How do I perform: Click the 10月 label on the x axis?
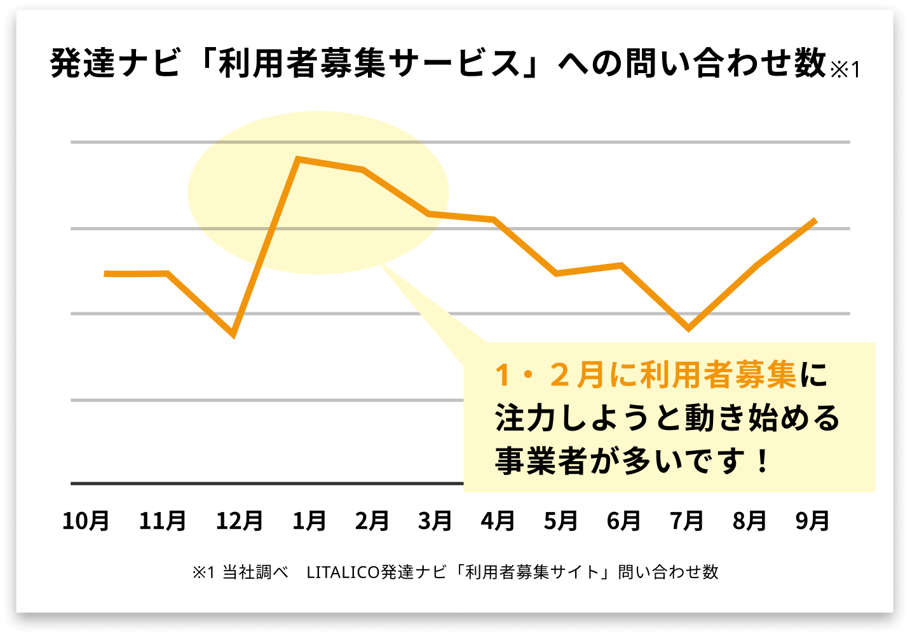point(86,521)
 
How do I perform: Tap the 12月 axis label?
point(240,521)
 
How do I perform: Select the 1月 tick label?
point(309,521)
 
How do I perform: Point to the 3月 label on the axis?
point(435,521)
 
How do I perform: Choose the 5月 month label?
point(560,521)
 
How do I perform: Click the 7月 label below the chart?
point(686,521)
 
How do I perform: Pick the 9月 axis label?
point(812,521)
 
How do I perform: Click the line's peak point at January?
point(299,158)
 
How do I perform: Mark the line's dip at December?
point(234,334)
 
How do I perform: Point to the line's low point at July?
point(688,329)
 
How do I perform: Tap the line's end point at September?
point(815,220)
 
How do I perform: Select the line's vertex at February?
point(363,170)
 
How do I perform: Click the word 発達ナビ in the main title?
point(115,64)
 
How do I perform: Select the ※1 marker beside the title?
point(845,69)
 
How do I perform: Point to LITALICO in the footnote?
point(343,572)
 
